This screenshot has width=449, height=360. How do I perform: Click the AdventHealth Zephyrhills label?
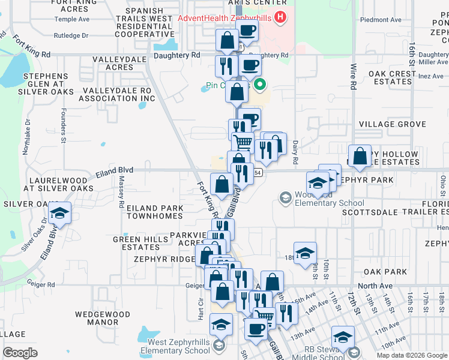click(224, 18)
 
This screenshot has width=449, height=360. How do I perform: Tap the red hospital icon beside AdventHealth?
click(279, 17)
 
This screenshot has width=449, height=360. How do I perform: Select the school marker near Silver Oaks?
click(60, 214)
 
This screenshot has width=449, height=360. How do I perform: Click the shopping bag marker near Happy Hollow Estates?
click(360, 156)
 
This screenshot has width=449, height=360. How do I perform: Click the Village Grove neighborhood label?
click(392, 124)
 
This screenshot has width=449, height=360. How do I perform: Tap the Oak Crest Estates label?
click(392, 78)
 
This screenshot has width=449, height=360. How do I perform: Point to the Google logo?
click(20, 353)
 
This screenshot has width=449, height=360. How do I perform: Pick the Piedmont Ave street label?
click(381, 20)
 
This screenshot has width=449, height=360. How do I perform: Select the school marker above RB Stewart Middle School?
click(343, 337)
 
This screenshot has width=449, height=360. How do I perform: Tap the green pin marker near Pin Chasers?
click(260, 85)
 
